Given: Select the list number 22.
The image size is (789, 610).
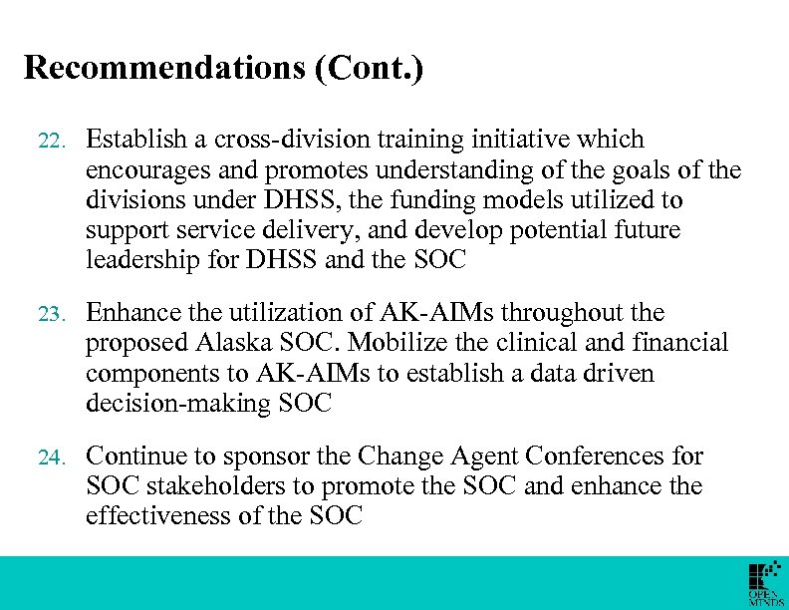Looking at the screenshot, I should [x=49, y=142].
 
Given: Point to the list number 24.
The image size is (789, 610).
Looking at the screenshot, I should [x=49, y=458].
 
